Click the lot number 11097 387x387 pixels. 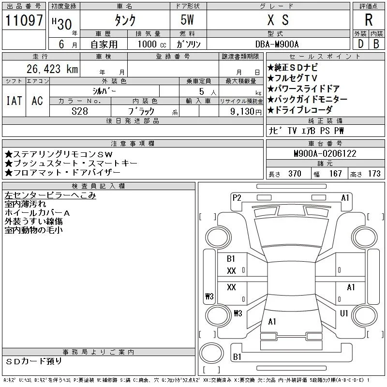(24, 20)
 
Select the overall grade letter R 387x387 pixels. (369, 20)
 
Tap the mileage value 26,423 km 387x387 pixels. (52, 69)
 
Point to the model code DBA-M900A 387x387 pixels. (277, 44)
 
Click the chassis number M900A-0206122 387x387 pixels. (325, 153)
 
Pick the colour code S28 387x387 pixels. (80, 111)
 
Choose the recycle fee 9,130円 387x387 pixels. (246, 111)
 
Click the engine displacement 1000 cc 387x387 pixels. (152, 44)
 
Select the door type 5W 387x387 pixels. (187, 20)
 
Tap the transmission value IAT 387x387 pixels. (14, 101)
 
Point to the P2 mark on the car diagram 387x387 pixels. (237, 198)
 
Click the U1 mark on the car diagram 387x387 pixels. (344, 313)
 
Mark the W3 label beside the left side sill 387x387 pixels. (209, 296)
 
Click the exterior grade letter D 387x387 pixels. (360, 44)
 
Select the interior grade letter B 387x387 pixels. (376, 44)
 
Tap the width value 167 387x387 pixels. (335, 174)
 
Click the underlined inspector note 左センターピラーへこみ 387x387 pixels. (50, 195)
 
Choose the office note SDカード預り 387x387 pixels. (33, 361)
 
